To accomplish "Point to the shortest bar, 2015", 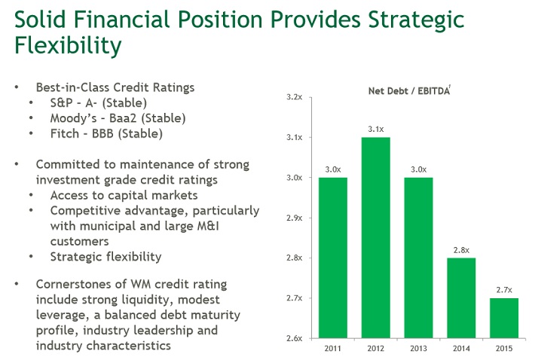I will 505,318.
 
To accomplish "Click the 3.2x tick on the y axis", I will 295,98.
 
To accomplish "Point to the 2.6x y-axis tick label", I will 295,338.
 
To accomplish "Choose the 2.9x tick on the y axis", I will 295,218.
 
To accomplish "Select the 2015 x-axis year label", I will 505,349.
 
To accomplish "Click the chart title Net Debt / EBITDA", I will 408,91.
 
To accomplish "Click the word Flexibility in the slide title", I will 68,46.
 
